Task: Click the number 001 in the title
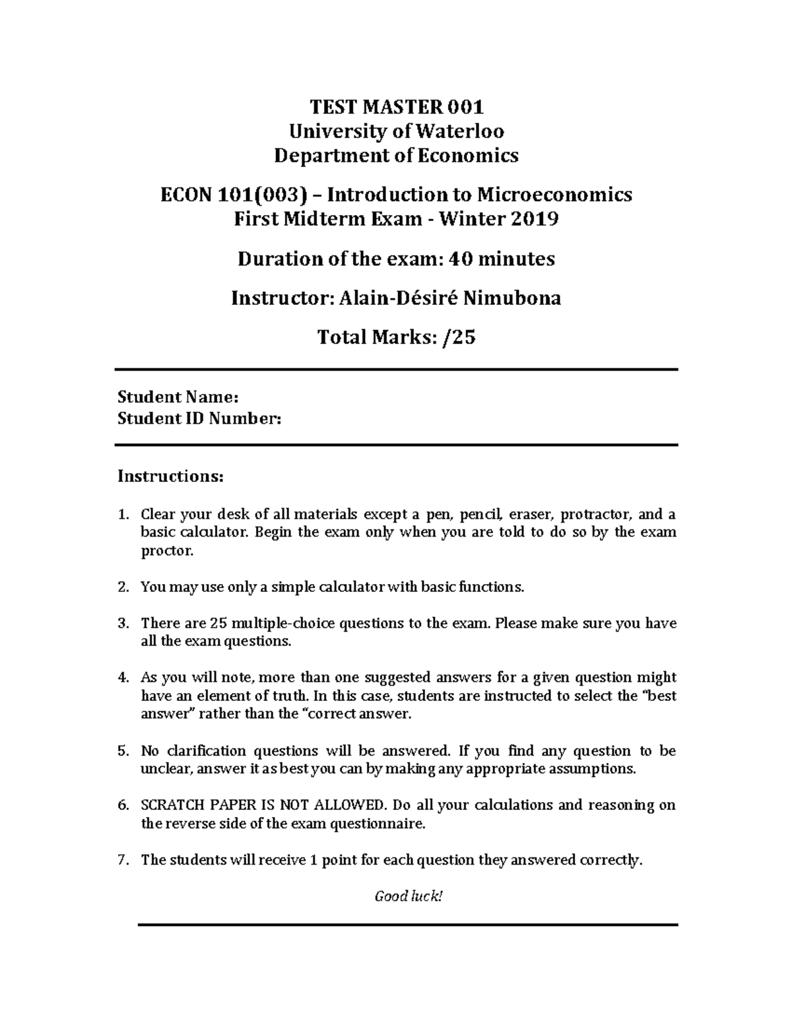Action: (x=465, y=106)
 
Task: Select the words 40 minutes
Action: (x=502, y=259)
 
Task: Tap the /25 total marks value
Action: (x=459, y=338)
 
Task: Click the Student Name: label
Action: (x=178, y=397)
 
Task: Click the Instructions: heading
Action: (x=170, y=476)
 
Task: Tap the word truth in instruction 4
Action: (x=289, y=696)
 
